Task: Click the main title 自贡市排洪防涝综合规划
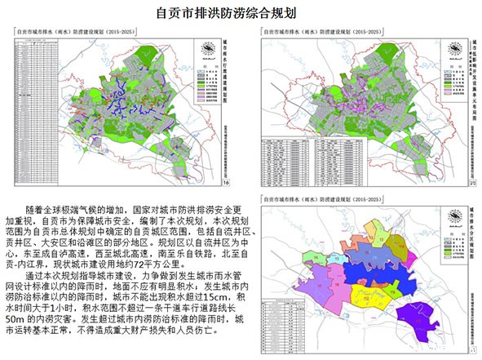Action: [241, 14]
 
